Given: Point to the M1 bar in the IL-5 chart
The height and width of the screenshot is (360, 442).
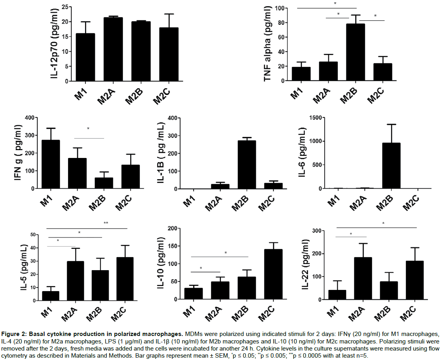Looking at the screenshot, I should point(51,296).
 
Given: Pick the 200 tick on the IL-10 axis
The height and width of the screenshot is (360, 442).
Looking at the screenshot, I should point(172,228).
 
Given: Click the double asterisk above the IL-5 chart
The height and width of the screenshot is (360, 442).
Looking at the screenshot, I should point(106,223).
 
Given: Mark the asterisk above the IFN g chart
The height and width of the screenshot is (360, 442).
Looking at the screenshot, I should point(88,129).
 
